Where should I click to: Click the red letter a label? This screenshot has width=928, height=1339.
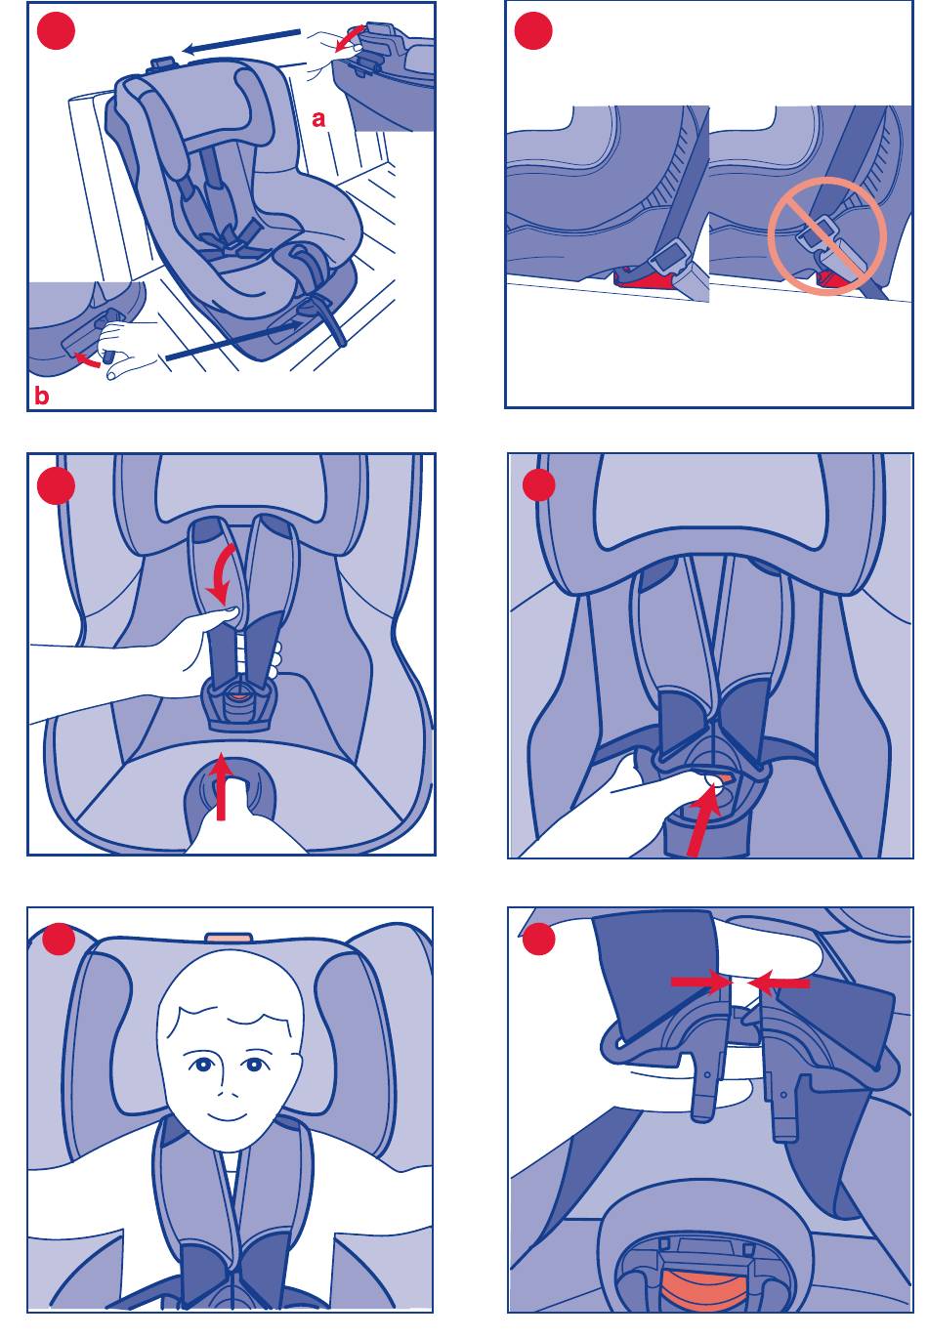(318, 119)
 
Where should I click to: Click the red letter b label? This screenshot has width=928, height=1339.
(41, 396)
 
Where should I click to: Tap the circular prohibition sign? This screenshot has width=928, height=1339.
(826, 235)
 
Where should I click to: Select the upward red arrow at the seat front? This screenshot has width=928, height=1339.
(222, 785)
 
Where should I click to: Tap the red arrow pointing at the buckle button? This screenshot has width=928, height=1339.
(703, 819)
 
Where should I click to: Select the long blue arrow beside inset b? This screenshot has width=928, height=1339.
(233, 341)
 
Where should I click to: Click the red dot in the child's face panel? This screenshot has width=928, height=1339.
(57, 939)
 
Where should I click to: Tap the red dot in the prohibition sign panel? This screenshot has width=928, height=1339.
(532, 30)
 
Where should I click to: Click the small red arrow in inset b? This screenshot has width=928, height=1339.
(87, 359)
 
